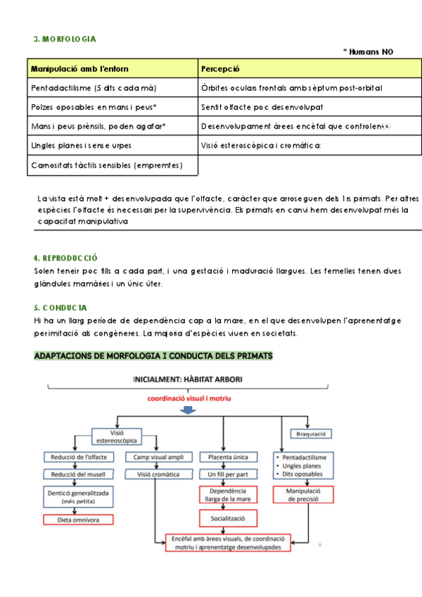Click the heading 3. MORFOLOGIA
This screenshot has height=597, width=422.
click(65, 39)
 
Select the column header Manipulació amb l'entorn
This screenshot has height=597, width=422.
click(79, 69)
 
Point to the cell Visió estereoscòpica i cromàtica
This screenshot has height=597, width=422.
click(260, 145)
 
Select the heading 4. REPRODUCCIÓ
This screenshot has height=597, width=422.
click(65, 258)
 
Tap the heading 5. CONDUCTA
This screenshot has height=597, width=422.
click(60, 308)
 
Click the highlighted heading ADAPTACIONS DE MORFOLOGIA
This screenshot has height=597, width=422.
click(153, 356)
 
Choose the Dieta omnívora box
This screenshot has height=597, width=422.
click(77, 520)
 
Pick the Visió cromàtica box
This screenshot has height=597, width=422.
click(158, 475)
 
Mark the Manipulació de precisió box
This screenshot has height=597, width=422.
click(303, 495)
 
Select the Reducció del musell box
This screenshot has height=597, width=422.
click(77, 475)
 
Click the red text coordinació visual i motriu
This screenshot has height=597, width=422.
click(188, 398)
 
